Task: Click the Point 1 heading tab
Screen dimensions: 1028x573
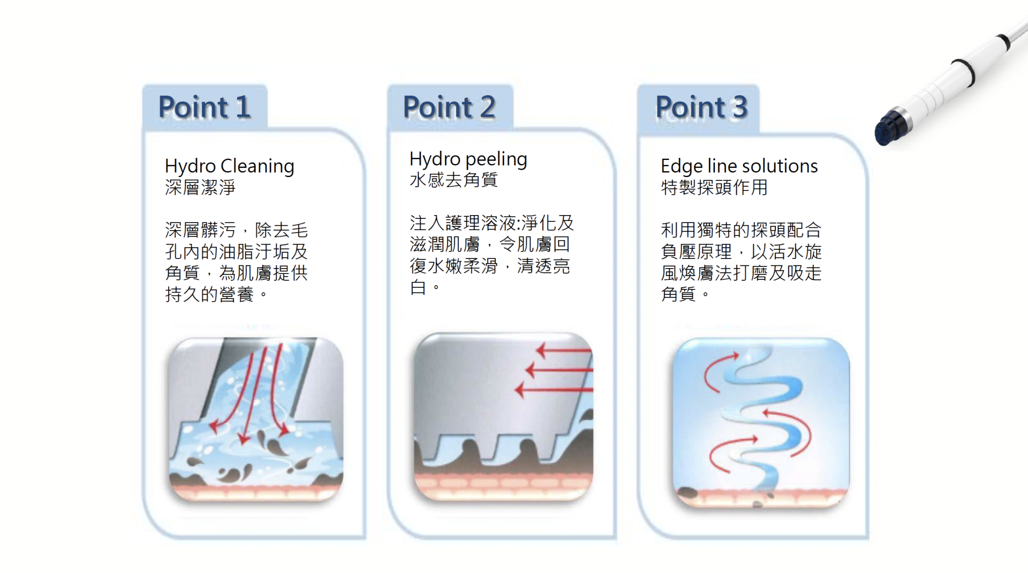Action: (205, 107)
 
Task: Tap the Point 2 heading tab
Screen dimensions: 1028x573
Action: (450, 107)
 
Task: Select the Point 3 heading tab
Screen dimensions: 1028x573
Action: (698, 108)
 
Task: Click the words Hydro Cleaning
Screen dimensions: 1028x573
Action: (229, 166)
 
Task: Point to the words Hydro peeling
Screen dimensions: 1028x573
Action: (468, 159)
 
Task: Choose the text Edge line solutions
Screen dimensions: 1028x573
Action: (739, 166)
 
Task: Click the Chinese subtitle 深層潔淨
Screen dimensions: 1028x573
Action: (200, 187)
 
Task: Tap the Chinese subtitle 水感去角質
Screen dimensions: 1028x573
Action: (454, 180)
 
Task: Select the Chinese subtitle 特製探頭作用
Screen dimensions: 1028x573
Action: (714, 187)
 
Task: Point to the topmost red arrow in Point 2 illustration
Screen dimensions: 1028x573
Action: (564, 351)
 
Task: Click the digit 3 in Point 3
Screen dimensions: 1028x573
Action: (740, 107)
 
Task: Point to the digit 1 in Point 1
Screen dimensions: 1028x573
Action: (243, 107)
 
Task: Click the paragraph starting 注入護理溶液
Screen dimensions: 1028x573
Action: (491, 255)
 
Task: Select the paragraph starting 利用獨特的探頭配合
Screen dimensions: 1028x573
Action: (741, 262)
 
